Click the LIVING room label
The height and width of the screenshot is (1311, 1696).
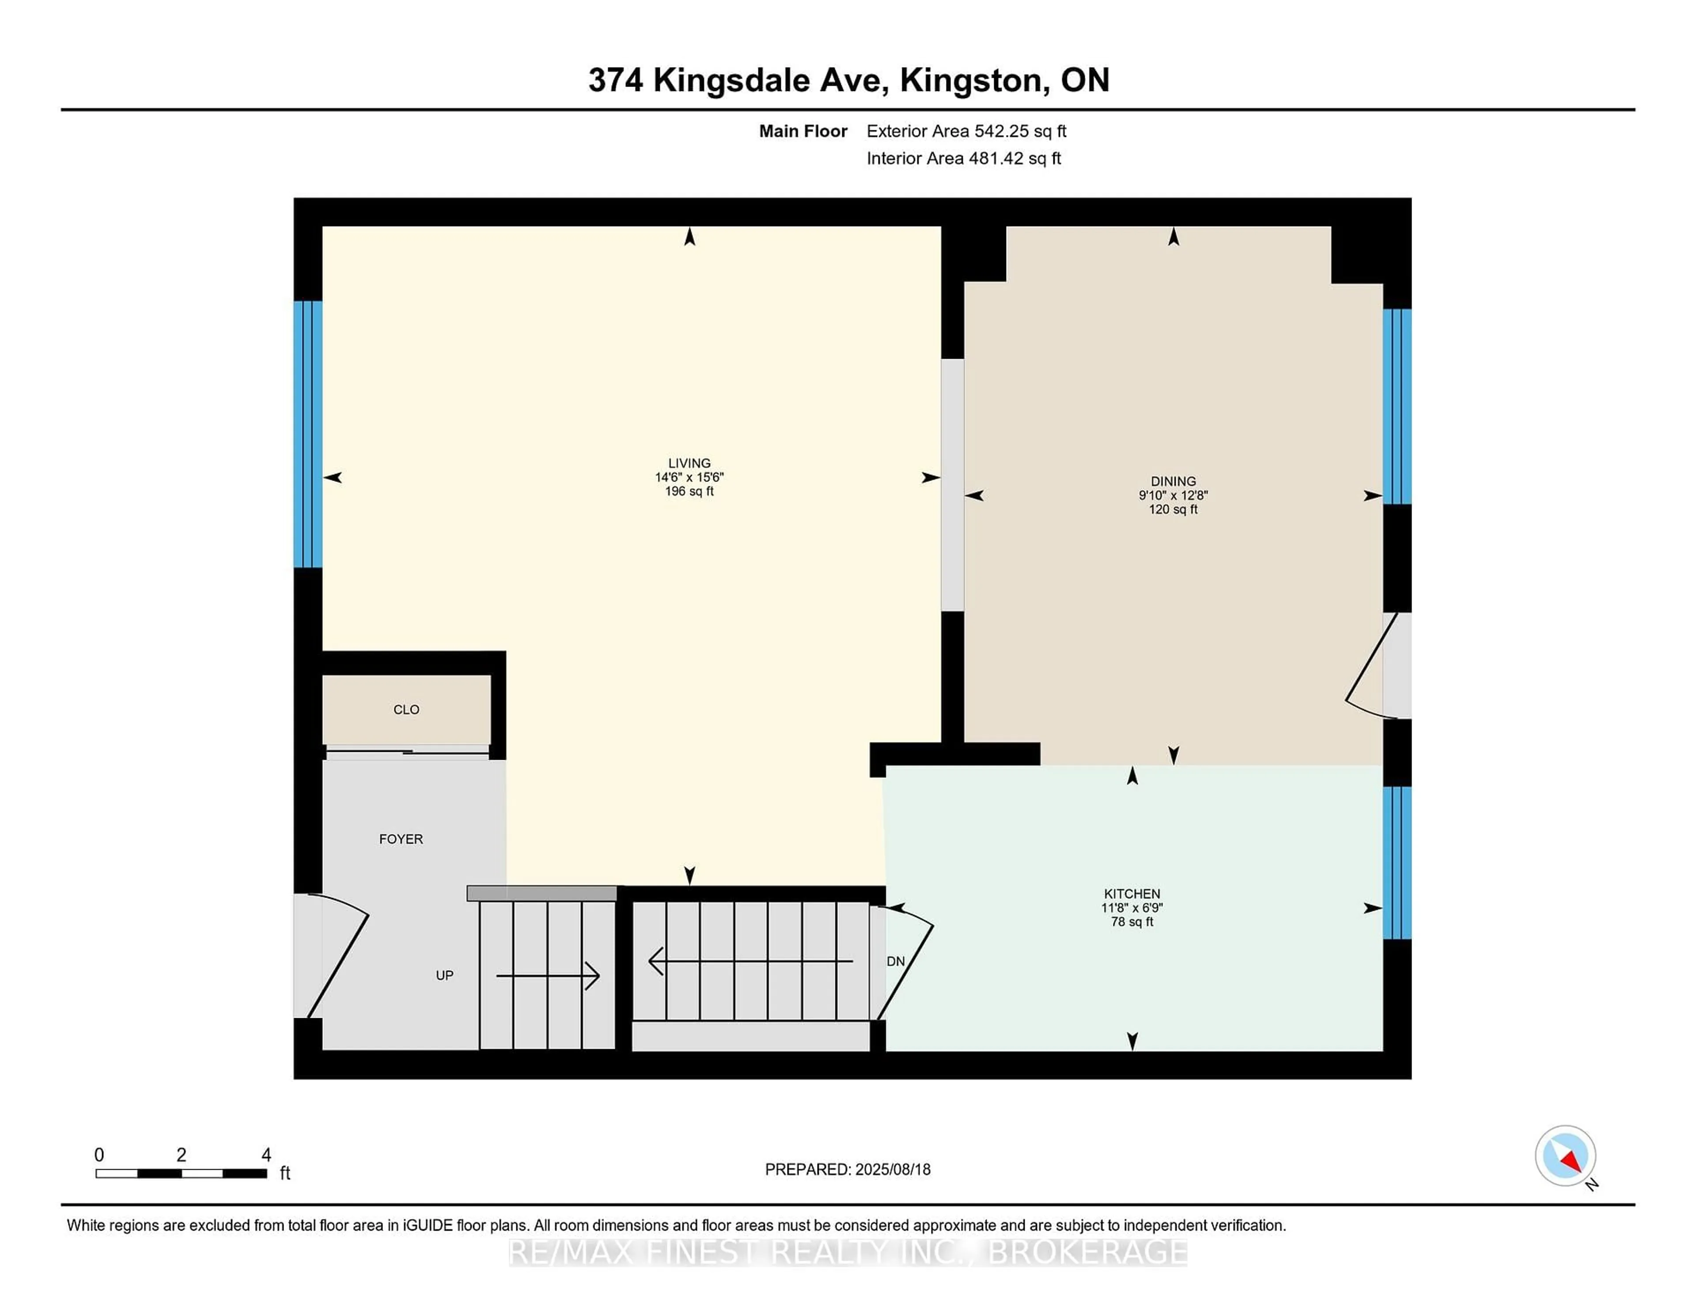click(689, 463)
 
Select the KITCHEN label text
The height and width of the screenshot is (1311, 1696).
click(1132, 894)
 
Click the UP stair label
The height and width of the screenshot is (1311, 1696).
click(444, 975)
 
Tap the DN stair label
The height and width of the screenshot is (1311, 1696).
click(895, 962)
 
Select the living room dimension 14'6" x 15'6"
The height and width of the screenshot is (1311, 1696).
click(689, 477)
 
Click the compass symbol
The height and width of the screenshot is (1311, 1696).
click(1565, 1156)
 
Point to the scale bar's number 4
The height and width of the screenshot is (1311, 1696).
click(265, 1155)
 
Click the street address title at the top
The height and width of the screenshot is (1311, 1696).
click(848, 80)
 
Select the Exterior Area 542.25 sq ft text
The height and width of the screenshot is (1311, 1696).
click(966, 131)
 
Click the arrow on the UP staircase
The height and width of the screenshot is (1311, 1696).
click(548, 975)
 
